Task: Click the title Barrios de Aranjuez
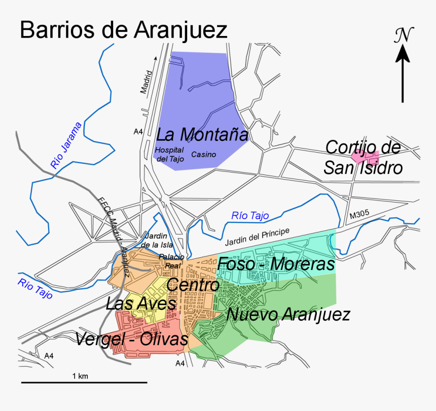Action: tap(123, 30)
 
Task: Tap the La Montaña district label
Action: tap(202, 135)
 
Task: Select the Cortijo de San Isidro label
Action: tap(363, 158)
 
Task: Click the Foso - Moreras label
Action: tap(276, 264)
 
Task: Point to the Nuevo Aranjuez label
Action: tap(288, 315)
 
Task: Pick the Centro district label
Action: tap(193, 286)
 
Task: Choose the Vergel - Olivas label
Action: tap(131, 339)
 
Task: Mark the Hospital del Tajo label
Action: tap(169, 155)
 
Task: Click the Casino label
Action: tap(204, 155)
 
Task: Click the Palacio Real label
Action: tap(171, 261)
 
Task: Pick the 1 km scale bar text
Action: tap(80, 376)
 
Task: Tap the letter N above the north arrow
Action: tap(404, 34)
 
